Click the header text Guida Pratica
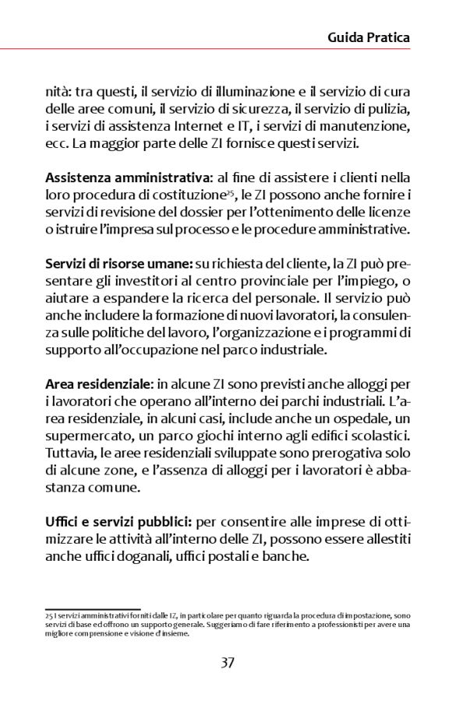click(x=369, y=37)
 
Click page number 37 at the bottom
click(x=228, y=663)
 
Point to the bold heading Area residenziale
click(x=98, y=383)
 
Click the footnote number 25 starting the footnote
click(x=48, y=615)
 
